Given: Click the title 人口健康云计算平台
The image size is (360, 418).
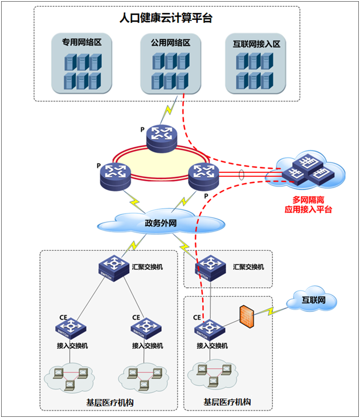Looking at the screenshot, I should point(166,18).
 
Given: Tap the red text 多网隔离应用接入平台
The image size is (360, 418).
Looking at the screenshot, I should point(308,205).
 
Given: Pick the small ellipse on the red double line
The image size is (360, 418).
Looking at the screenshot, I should point(243,174).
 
